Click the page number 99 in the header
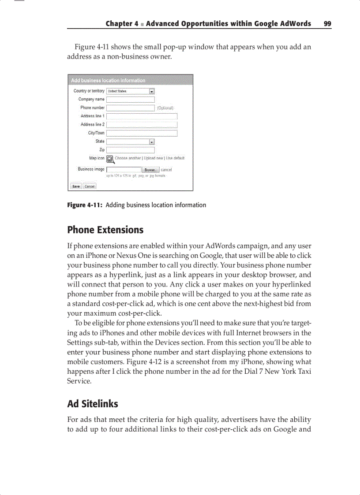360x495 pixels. pyautogui.click(x=327, y=24)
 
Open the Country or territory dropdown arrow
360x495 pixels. pyautogui.click(x=152, y=91)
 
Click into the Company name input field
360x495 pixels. pyautogui.click(x=130, y=100)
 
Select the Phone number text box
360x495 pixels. pyautogui.click(x=130, y=108)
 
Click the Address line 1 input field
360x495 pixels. pyautogui.click(x=142, y=116)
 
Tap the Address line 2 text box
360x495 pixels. pyautogui.click(x=142, y=125)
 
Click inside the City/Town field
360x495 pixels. pyautogui.click(x=142, y=133)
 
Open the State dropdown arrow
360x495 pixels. pyautogui.click(x=152, y=141)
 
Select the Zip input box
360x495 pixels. pyautogui.click(x=130, y=150)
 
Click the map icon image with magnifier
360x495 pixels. pyautogui.click(x=110, y=159)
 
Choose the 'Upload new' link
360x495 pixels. pyautogui.click(x=153, y=158)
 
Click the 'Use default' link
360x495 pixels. pyautogui.click(x=175, y=158)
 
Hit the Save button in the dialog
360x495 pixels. pyautogui.click(x=76, y=186)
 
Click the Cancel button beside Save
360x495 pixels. pyautogui.click(x=90, y=186)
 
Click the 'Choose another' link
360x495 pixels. pyautogui.click(x=128, y=158)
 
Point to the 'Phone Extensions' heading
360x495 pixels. pyautogui.click(x=105, y=230)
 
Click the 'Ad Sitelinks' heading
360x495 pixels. pyautogui.click(x=92, y=404)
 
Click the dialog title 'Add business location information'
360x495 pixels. pyautogui.click(x=108, y=81)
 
